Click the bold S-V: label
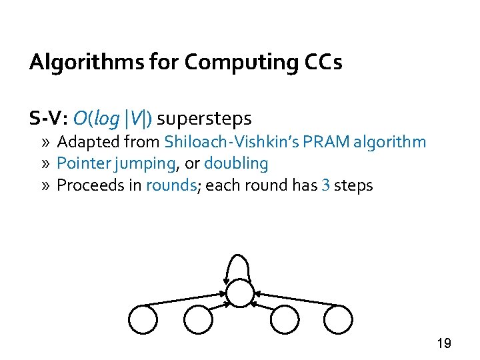click(49, 119)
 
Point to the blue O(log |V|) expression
click(113, 119)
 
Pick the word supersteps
click(204, 119)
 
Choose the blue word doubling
click(236, 163)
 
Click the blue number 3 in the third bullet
click(325, 185)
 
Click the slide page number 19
click(443, 343)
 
